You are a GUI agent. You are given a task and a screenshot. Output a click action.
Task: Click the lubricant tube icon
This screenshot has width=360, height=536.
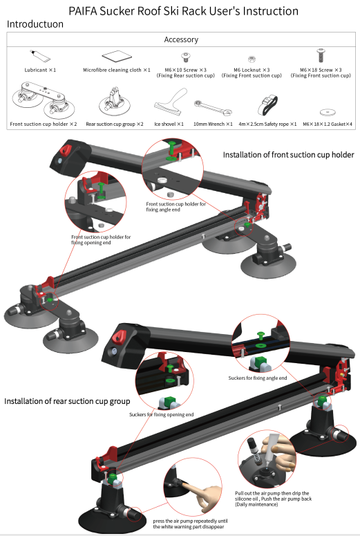(x=40, y=56)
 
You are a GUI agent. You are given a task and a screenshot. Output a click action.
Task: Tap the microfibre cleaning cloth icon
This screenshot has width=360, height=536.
(x=117, y=57)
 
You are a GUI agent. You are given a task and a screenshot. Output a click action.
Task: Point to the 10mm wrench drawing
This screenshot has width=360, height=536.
(x=213, y=108)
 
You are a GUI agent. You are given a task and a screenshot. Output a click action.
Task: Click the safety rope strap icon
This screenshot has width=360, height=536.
(x=267, y=105)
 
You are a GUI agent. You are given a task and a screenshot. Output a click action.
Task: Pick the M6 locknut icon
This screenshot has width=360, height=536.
(x=252, y=59)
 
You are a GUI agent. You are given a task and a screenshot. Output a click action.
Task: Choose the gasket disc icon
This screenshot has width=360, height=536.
(x=328, y=112)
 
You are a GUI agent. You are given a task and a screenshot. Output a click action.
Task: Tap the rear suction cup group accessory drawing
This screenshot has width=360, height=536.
(x=115, y=101)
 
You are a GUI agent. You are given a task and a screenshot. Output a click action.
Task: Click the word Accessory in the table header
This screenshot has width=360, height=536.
(x=181, y=39)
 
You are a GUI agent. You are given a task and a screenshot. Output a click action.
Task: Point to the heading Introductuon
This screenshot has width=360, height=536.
(x=35, y=24)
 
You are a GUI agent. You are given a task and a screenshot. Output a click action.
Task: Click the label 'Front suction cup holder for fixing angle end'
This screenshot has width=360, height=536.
(x=176, y=207)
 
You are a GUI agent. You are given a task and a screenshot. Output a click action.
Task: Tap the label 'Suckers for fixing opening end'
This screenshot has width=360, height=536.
(x=161, y=415)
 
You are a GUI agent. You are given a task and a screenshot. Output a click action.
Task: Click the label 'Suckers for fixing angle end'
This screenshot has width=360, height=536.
(x=258, y=378)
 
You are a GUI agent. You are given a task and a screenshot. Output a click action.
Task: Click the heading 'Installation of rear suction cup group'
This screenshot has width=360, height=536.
(x=67, y=401)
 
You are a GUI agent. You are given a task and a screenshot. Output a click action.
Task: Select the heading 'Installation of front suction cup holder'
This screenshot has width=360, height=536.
(x=288, y=155)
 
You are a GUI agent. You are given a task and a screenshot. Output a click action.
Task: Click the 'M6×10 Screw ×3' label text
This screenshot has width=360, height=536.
(x=185, y=70)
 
